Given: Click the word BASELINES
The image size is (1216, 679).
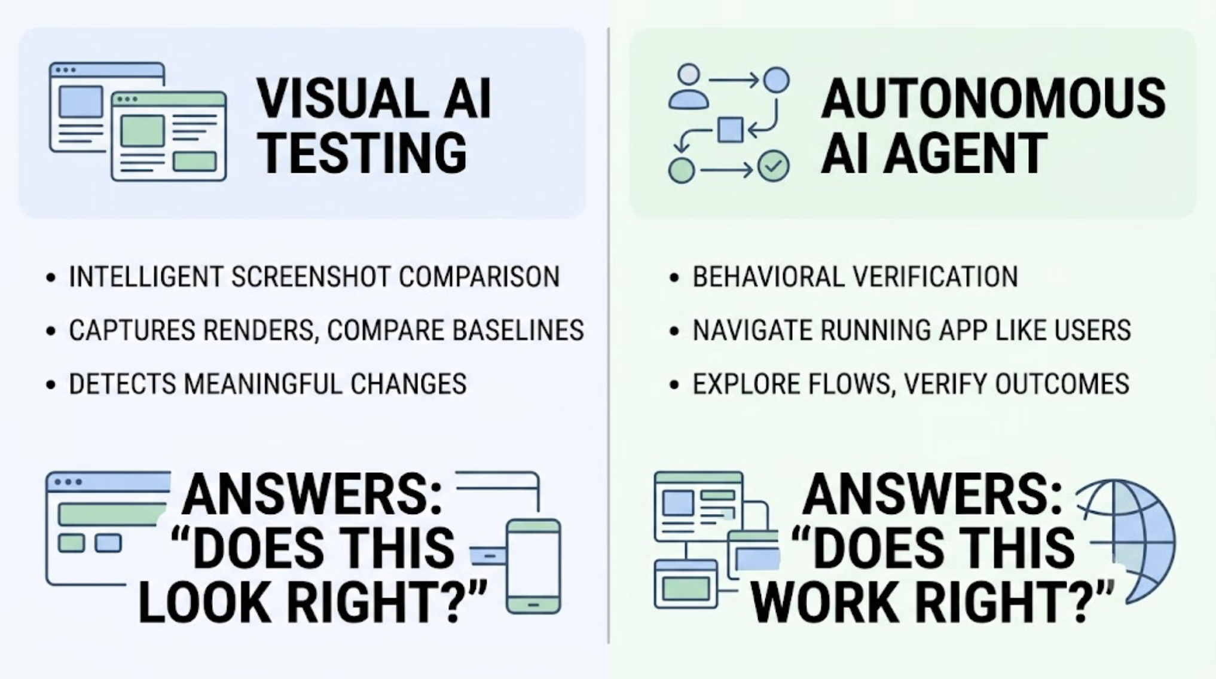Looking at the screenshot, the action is click(x=518, y=330).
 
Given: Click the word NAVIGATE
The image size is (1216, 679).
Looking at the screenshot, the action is click(x=751, y=330).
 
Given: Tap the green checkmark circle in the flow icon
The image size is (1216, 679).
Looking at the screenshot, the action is click(x=774, y=166).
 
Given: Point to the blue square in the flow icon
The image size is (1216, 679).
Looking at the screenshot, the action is click(x=730, y=130).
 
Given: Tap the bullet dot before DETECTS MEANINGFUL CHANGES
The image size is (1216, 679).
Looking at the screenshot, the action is click(x=51, y=384).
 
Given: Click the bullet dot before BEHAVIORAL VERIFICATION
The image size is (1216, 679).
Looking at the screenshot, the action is click(x=674, y=277).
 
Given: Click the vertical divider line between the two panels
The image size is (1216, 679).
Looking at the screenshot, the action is click(x=609, y=335).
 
